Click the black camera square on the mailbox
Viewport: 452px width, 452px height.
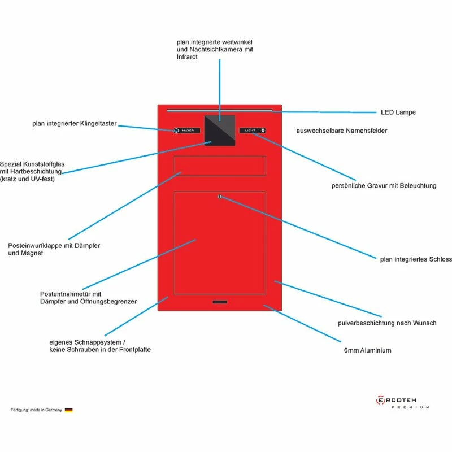219,130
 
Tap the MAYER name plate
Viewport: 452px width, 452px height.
187,131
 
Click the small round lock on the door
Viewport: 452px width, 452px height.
220,197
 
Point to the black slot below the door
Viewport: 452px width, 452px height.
220,303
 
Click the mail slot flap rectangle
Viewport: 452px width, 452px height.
220,166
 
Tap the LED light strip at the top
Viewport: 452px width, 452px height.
220,110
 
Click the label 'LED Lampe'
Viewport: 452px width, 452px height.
398,112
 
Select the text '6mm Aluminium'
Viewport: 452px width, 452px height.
367,350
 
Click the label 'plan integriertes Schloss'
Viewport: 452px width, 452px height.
416,259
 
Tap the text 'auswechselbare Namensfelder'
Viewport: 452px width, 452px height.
341,131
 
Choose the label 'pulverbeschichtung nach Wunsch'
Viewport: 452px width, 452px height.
386,323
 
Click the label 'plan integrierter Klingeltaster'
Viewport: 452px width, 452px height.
75,124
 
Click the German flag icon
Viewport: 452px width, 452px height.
68,410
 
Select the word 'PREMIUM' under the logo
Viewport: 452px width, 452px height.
410,407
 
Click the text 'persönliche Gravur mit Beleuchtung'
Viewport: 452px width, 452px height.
384,185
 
